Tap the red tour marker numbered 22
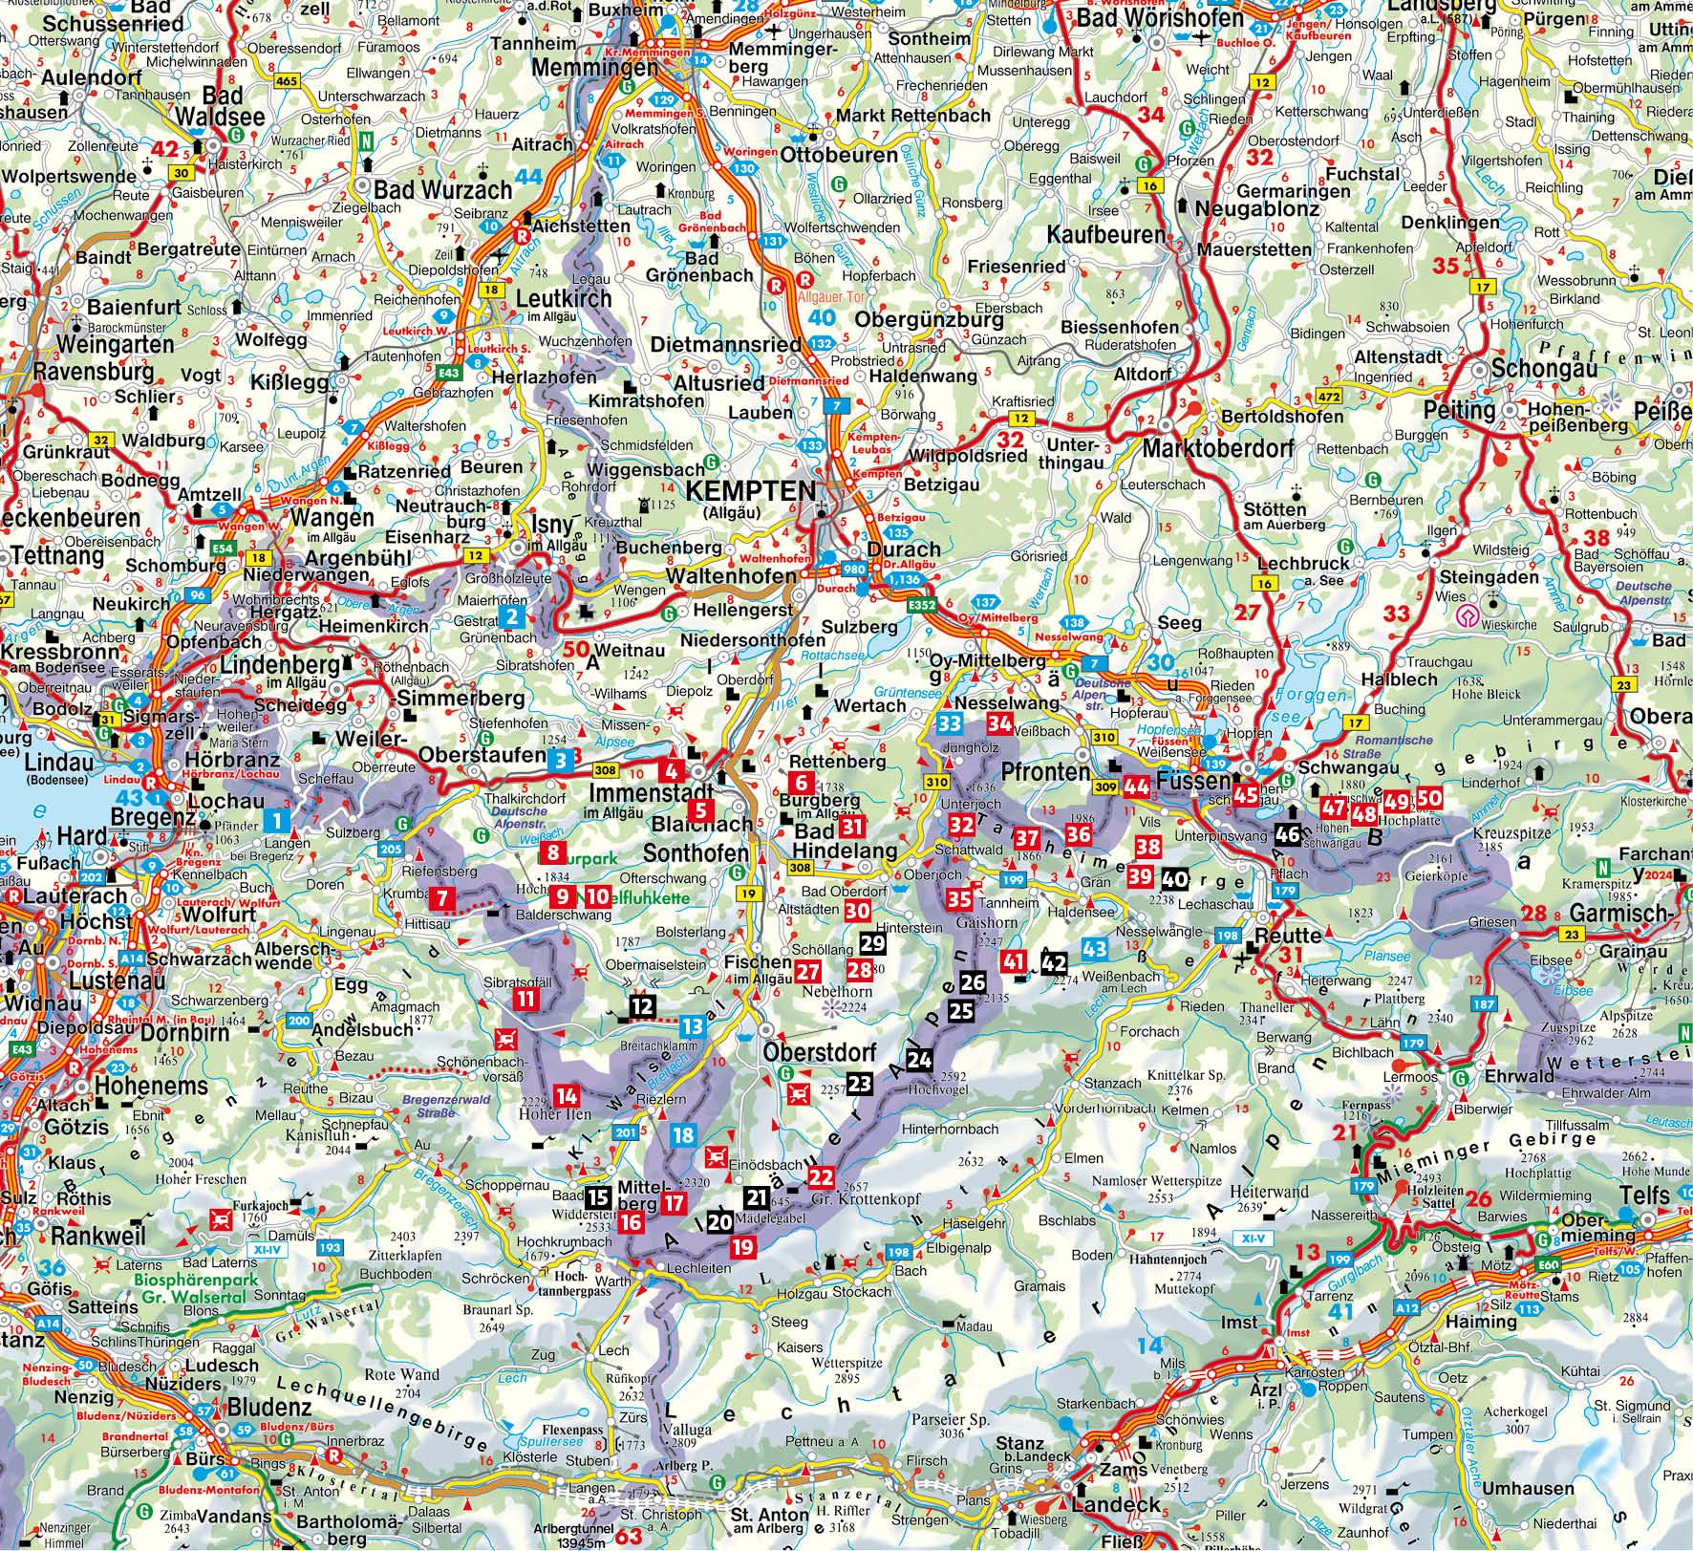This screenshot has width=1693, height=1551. point(821,1176)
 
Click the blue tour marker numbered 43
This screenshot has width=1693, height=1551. point(1095,948)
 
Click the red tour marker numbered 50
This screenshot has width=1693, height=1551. point(1429,799)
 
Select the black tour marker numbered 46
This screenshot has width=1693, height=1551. point(1287,834)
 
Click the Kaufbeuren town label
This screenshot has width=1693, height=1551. point(1105,234)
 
